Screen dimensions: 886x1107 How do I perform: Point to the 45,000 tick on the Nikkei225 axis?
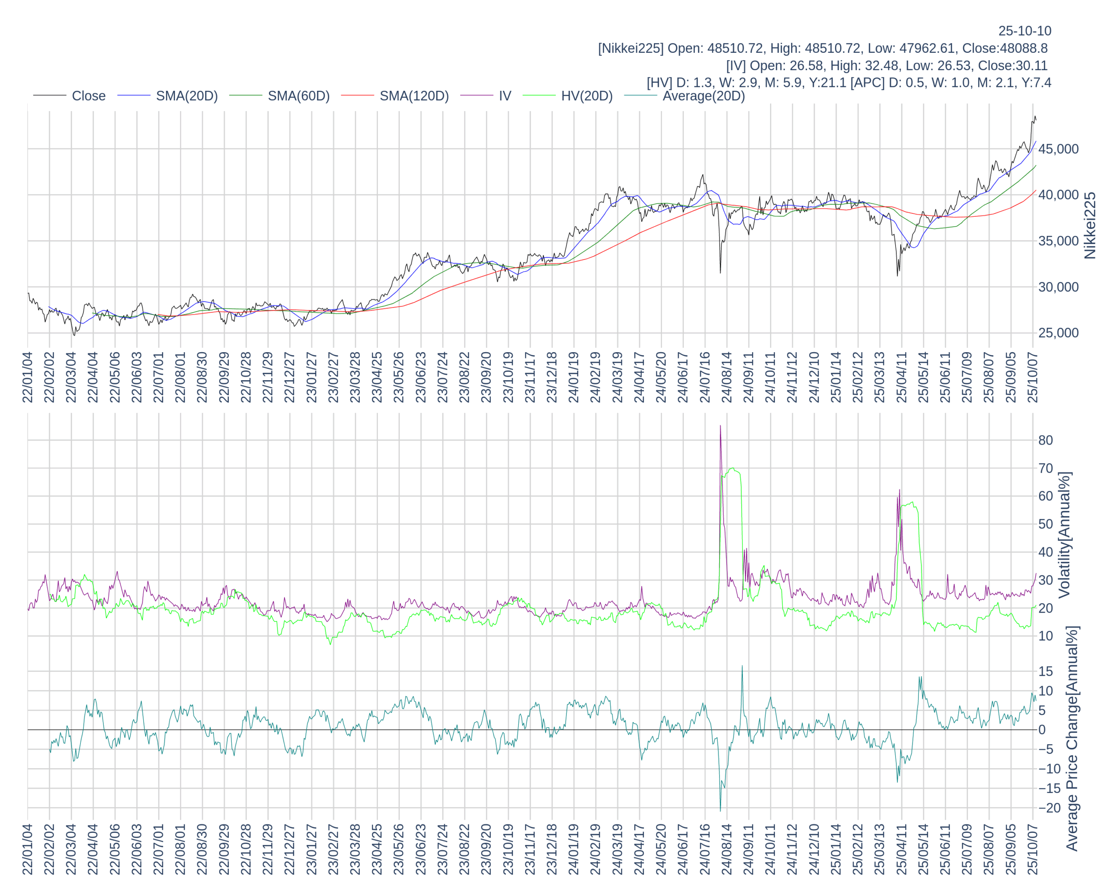[x=1058, y=149]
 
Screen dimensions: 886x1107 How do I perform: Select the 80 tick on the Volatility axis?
[x=1046, y=440]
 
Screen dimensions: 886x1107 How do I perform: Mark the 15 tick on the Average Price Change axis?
[x=1046, y=671]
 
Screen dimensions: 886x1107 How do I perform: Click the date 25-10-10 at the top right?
[x=1024, y=31]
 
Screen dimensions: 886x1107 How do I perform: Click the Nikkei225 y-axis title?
[x=1090, y=225]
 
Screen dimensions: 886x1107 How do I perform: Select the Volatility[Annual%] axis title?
[x=1064, y=535]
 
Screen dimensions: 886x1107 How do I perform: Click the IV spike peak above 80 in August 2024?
[x=720, y=426]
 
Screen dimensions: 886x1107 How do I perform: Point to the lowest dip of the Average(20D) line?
[x=720, y=810]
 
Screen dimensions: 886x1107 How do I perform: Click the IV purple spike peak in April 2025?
[x=899, y=490]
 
